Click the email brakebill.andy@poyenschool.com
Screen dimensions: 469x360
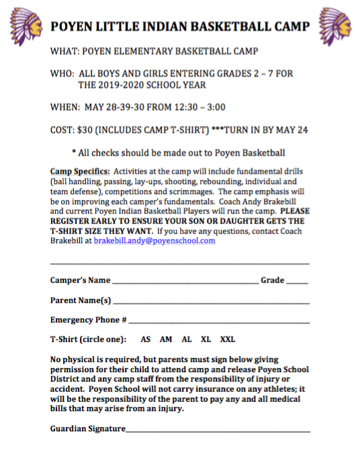click(154, 241)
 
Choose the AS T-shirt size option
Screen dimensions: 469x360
click(145, 339)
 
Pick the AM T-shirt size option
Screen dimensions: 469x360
click(166, 339)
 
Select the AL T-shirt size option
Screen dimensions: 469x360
click(187, 339)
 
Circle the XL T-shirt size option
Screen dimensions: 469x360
click(206, 339)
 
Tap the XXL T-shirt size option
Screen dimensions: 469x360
click(228, 339)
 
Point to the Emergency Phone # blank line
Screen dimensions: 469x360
click(219, 323)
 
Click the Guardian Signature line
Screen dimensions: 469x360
click(218, 431)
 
